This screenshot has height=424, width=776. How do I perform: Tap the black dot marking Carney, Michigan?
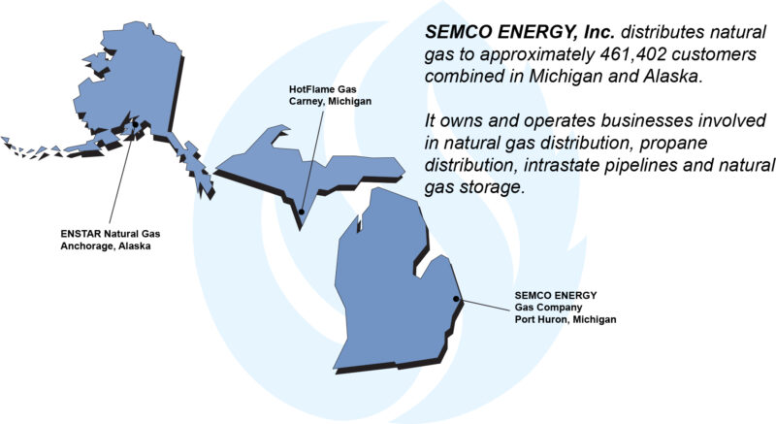(302, 211)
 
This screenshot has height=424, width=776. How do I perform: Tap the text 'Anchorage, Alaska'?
(106, 245)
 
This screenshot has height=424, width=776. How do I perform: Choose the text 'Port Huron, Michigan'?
(566, 319)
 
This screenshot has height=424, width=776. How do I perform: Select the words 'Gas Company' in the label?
(547, 307)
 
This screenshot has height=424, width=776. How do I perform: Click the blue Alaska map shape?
(116, 87)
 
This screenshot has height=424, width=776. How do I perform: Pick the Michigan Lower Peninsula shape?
(398, 281)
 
